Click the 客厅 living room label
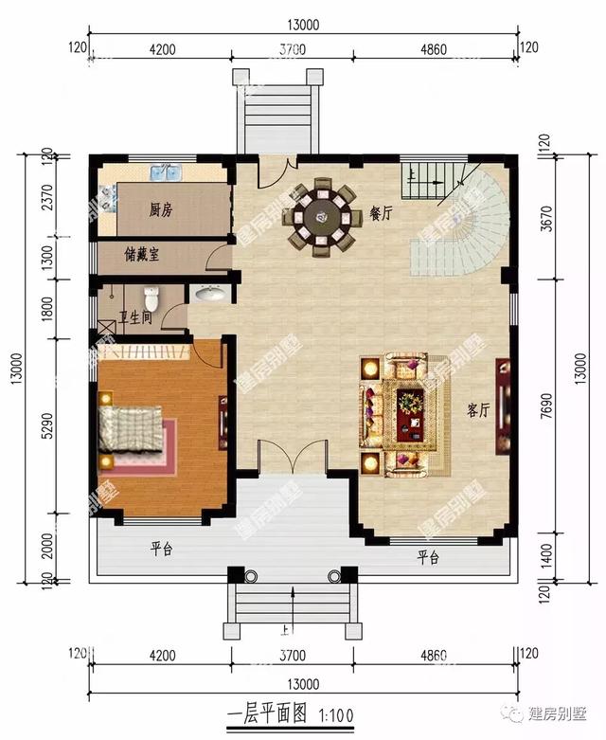pyautogui.click(x=478, y=410)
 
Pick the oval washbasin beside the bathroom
pyautogui.click(x=210, y=295)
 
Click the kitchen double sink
pyautogui.click(x=167, y=173)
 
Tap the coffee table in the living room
pyautogui.click(x=409, y=402)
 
